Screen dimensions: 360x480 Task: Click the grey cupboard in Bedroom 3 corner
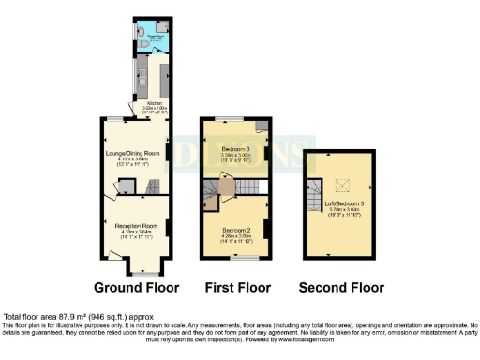[262, 125]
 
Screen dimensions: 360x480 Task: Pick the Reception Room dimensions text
[134, 233]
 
